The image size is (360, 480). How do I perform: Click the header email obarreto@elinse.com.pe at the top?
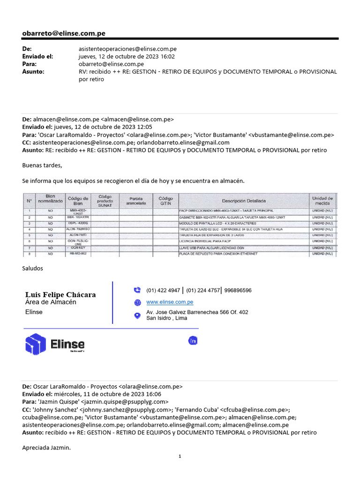[64, 33]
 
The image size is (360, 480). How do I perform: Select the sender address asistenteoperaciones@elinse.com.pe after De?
[127, 49]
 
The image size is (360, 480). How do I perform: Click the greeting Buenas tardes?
[42, 165]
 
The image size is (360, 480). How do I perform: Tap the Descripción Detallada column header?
[243, 201]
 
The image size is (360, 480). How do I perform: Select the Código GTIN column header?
[165, 201]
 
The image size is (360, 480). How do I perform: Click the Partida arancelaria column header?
[136, 201]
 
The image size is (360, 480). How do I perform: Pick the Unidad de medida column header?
[322, 201]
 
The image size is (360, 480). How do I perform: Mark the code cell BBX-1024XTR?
[77, 217]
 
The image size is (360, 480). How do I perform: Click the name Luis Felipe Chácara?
[60, 295]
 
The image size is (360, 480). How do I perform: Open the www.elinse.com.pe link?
[170, 302]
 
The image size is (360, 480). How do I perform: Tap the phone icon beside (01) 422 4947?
[137, 290]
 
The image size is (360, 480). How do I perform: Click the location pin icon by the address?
[137, 315]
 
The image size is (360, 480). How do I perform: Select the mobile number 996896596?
[238, 290]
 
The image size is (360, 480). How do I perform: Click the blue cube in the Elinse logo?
[35, 344]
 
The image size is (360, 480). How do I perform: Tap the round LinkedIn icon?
[193, 341]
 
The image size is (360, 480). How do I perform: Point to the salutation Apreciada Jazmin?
[46, 448]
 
